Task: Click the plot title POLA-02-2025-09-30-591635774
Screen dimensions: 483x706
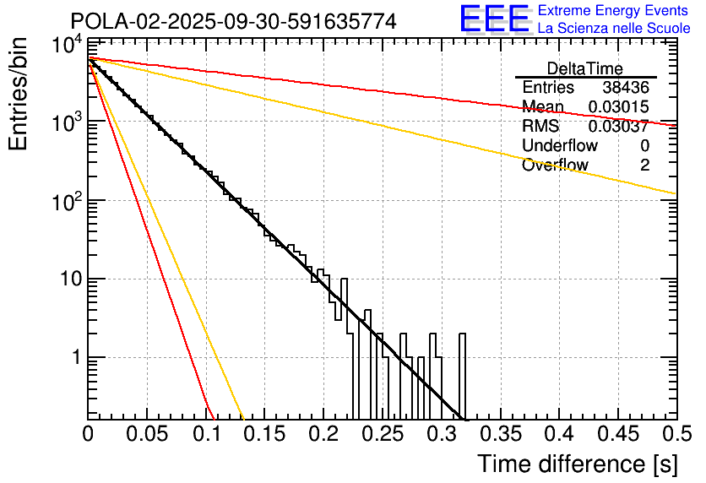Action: click(x=233, y=21)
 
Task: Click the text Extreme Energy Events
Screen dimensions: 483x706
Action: click(x=613, y=11)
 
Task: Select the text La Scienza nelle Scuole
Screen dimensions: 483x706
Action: click(x=613, y=28)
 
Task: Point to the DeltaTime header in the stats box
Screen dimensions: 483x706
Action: click(x=585, y=68)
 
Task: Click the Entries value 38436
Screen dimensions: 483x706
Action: click(x=626, y=88)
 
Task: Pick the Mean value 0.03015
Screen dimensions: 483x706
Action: click(x=618, y=107)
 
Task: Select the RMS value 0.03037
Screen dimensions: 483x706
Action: click(x=618, y=127)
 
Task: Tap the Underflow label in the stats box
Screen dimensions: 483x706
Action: click(x=560, y=146)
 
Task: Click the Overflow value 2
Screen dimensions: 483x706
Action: click(x=644, y=166)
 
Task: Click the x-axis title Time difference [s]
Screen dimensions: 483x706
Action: click(x=577, y=464)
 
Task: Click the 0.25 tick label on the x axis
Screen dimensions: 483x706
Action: click(x=382, y=436)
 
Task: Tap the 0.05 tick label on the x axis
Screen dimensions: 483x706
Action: click(x=146, y=436)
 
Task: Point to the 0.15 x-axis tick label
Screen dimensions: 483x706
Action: click(x=263, y=436)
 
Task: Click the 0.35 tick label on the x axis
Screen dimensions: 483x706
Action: click(x=499, y=436)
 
